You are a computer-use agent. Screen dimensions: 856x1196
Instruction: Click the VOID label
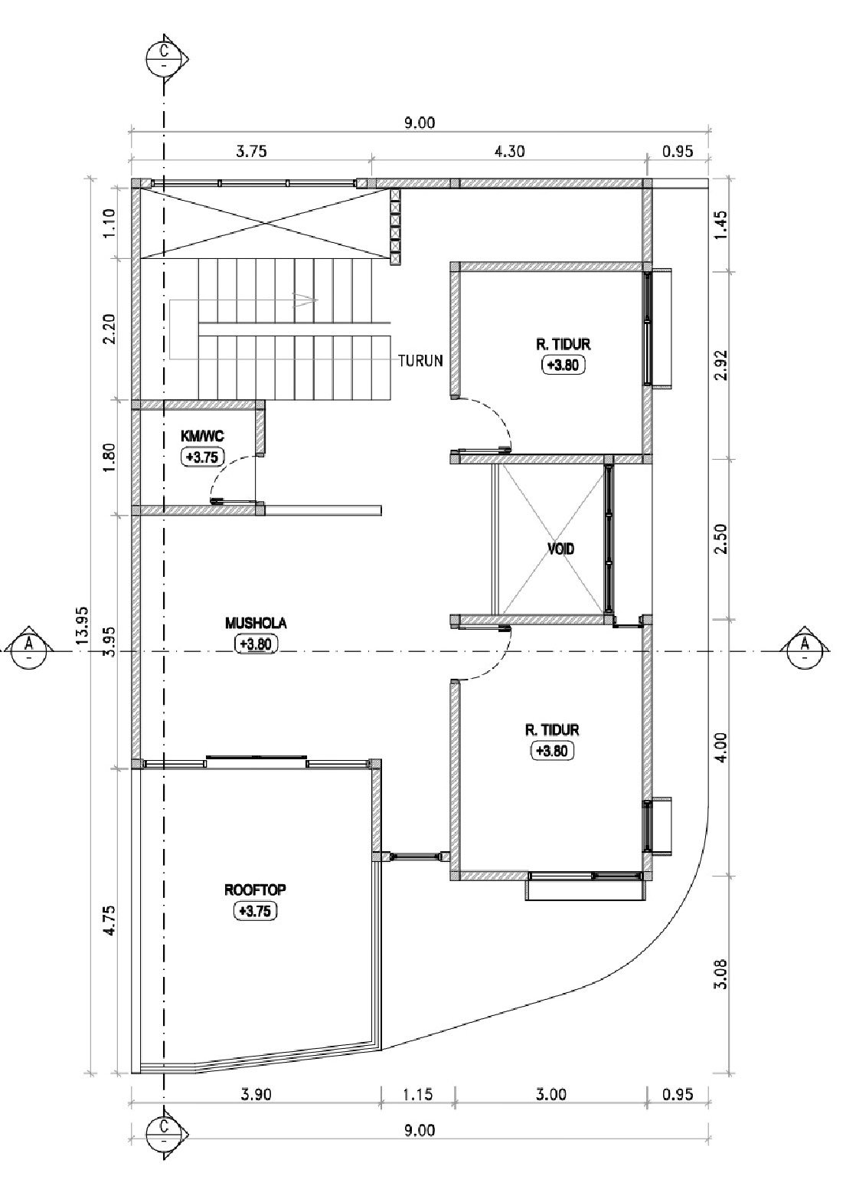point(560,549)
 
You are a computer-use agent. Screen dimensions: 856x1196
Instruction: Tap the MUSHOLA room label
point(256,623)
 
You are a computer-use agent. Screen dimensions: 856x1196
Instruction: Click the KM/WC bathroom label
point(202,436)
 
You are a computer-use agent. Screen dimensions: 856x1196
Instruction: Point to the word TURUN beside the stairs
point(421,361)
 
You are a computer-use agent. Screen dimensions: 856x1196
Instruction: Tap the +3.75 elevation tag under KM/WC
point(203,457)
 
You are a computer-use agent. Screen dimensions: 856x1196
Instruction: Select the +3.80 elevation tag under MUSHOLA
point(256,644)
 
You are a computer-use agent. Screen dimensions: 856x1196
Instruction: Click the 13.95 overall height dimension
point(82,626)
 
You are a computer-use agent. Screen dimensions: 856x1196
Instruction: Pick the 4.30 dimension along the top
point(510,152)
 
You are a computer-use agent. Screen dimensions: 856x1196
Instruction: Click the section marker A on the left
point(29,650)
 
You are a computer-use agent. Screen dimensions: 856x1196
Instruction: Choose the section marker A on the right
point(805,650)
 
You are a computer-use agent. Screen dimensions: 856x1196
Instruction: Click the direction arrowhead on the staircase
point(307,300)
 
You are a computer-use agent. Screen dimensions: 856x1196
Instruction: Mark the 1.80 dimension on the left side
point(109,457)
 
